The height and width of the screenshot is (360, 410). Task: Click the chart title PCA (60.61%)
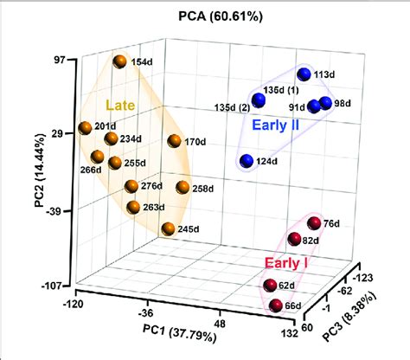(x=204, y=16)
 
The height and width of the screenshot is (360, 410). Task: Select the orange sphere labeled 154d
(x=119, y=62)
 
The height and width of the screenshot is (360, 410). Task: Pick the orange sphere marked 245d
(x=168, y=229)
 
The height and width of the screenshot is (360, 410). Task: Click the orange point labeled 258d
(x=183, y=188)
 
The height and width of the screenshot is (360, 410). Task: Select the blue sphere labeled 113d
(x=304, y=74)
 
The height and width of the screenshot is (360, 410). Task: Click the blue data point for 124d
(x=247, y=160)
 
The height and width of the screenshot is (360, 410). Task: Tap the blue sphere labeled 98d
(x=325, y=104)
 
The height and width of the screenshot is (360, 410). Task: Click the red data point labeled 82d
(x=294, y=239)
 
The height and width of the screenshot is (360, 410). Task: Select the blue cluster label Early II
(x=280, y=125)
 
